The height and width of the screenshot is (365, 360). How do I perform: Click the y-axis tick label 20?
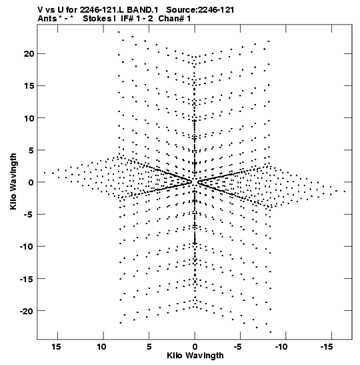pyautogui.click(x=29, y=54)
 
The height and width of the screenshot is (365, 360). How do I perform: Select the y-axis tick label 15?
pyautogui.click(x=29, y=86)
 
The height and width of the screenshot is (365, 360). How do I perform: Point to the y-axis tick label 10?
pyautogui.click(x=29, y=118)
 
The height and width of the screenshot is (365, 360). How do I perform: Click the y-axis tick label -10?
pyautogui.click(x=27, y=246)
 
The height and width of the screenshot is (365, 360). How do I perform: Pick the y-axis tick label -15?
pyautogui.click(x=27, y=279)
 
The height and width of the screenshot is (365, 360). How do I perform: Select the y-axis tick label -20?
pyautogui.click(x=27, y=311)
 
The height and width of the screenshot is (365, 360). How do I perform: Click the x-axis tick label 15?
pyautogui.click(x=56, y=347)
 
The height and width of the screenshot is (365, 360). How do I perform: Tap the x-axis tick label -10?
pyautogui.click(x=281, y=347)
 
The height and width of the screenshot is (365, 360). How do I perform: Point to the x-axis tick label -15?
pyautogui.click(x=327, y=347)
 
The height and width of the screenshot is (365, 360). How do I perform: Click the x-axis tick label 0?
pyautogui.click(x=195, y=347)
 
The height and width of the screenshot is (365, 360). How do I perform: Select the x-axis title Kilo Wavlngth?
pyautogui.click(x=195, y=356)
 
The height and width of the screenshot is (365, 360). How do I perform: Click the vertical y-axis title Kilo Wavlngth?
pyautogui.click(x=13, y=181)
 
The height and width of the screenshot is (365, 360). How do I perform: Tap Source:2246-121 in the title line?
pyautogui.click(x=200, y=10)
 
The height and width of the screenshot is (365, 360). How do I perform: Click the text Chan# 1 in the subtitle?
pyautogui.click(x=175, y=19)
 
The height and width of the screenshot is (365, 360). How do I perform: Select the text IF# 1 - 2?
pyautogui.click(x=137, y=19)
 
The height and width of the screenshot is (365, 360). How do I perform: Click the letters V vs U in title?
pyautogui.click(x=51, y=10)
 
